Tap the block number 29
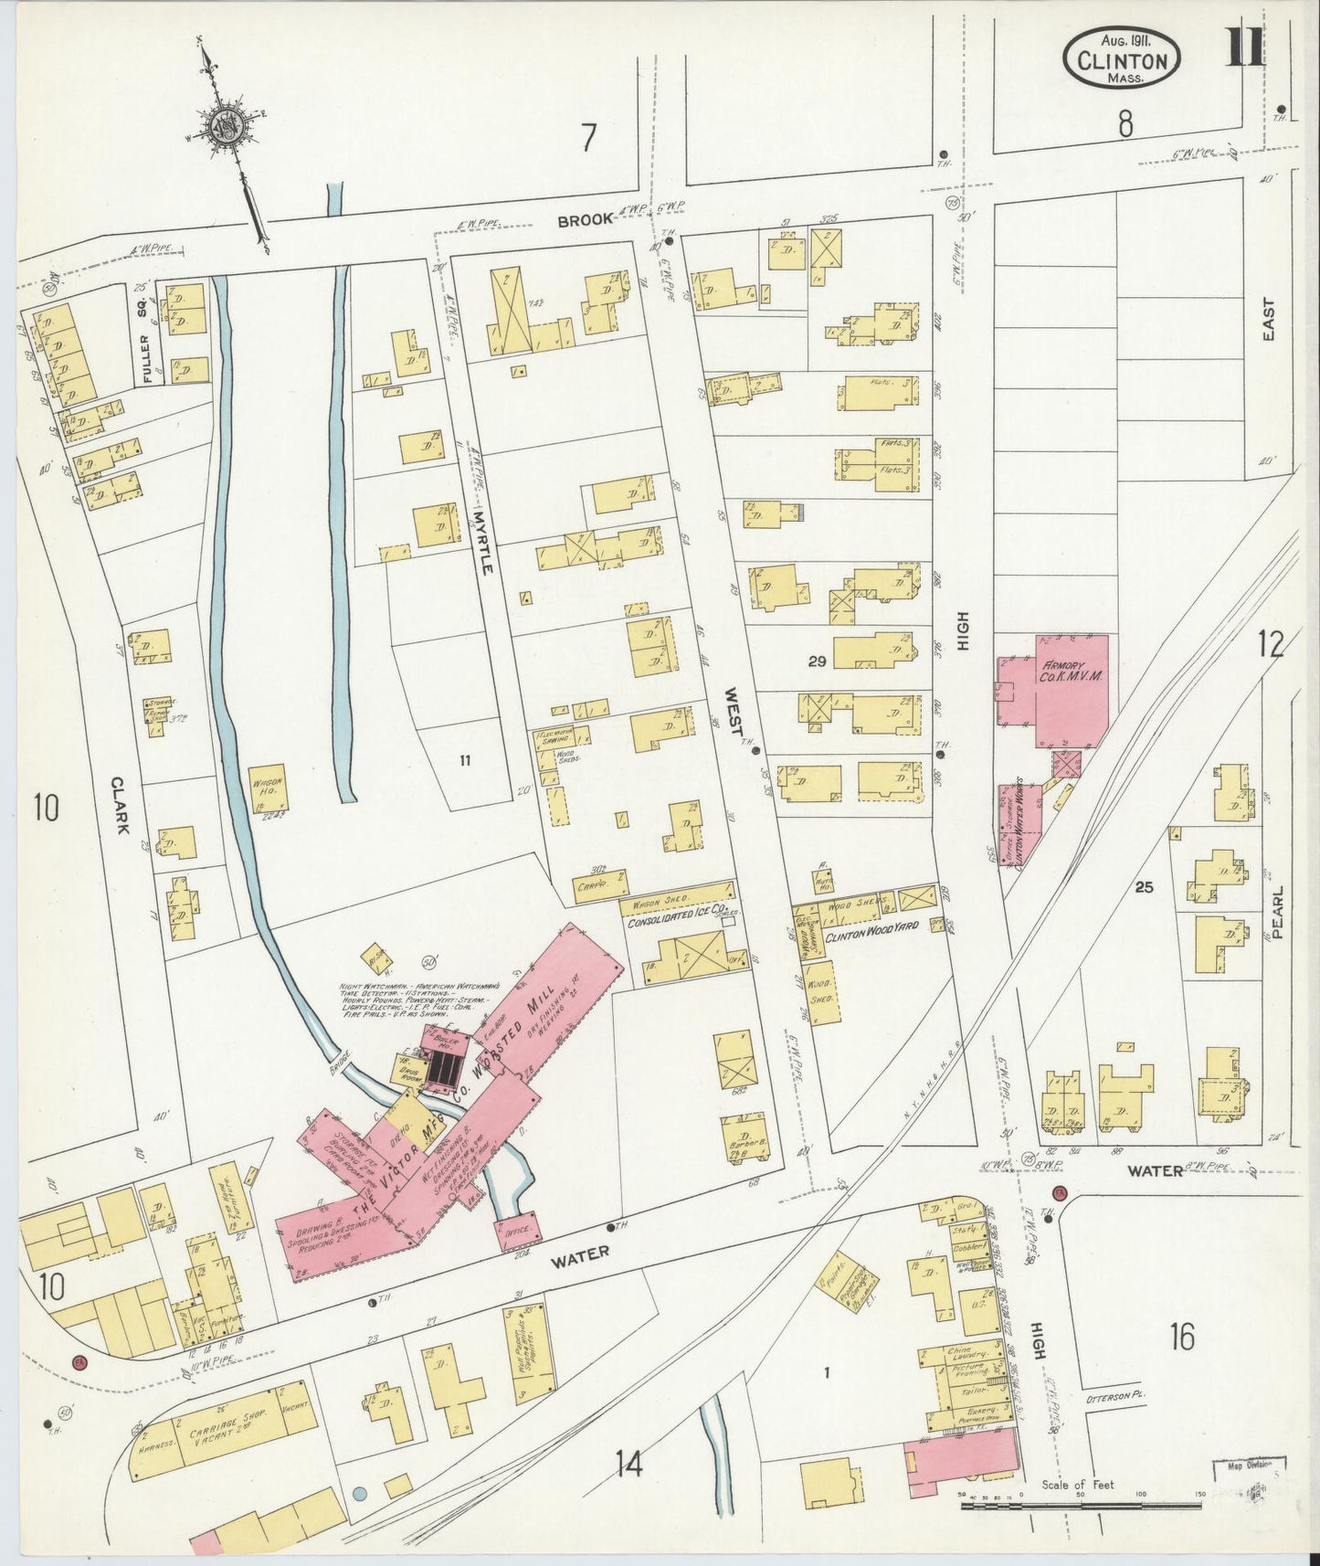[816, 661]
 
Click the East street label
[1268, 322]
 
